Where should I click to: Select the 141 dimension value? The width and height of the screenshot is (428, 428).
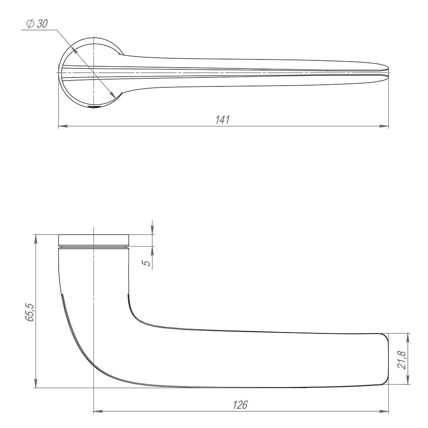[223, 120]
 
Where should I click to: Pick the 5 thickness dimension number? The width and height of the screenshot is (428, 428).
[146, 262]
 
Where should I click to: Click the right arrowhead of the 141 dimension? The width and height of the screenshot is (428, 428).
[385, 126]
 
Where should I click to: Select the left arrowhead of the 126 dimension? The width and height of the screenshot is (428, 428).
[97, 412]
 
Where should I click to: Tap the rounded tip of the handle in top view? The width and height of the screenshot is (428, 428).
[386, 72]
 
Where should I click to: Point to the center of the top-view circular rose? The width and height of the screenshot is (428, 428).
[93, 72]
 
